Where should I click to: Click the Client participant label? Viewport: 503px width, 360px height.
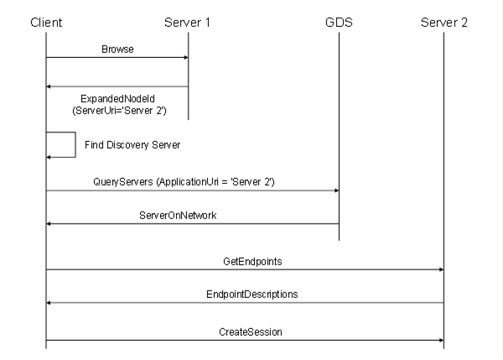[x=46, y=23]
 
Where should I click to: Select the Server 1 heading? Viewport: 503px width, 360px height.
[x=187, y=23]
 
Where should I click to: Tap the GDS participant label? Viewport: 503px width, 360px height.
[x=339, y=23]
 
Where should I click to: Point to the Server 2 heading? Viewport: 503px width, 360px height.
[x=444, y=23]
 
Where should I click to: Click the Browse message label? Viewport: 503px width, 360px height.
[x=117, y=50]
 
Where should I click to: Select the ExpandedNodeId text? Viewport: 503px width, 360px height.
[x=117, y=98]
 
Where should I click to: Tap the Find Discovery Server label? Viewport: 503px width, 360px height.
[x=132, y=145]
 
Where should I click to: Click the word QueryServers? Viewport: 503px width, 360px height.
[x=123, y=182]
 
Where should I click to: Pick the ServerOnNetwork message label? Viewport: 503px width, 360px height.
[x=178, y=215]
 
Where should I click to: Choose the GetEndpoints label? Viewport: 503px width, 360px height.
[x=252, y=262]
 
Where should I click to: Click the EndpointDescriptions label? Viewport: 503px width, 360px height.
[x=251, y=295]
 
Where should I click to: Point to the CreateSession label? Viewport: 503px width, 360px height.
[x=251, y=331]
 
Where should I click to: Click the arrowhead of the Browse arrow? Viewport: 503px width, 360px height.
[x=186, y=58]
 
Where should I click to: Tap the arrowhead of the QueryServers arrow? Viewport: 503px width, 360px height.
[x=337, y=190]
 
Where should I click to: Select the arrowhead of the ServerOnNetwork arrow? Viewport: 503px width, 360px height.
[x=49, y=223]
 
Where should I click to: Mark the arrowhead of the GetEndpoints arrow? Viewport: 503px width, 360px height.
[x=442, y=269]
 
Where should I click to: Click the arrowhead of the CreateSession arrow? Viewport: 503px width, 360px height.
[x=442, y=340]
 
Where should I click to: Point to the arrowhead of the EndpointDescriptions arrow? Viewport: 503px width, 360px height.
[x=49, y=302]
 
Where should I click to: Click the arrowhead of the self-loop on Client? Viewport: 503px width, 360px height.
[x=49, y=157]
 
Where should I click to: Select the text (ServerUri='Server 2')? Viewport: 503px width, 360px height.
[x=119, y=111]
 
